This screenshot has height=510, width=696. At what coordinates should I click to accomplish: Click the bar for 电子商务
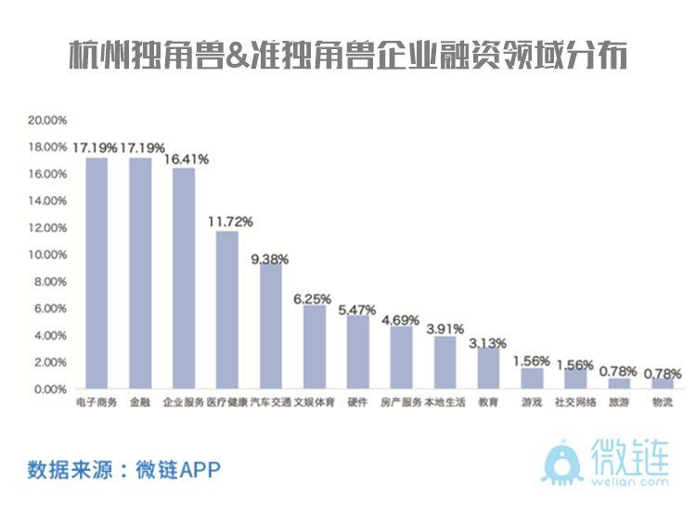[x=97, y=274]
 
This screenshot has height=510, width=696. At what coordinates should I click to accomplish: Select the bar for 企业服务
[x=184, y=278]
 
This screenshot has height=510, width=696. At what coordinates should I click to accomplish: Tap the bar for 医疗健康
[x=227, y=310]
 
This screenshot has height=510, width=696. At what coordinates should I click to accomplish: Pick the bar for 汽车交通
[x=271, y=325]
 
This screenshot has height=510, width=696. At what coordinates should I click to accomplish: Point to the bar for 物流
[x=663, y=383]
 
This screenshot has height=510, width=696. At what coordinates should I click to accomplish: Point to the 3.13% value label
[x=488, y=342]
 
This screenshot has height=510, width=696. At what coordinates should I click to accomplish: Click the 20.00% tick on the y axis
[x=47, y=121]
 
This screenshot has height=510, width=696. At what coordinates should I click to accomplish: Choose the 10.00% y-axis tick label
[x=47, y=255]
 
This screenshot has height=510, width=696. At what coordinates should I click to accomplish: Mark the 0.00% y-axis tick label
[x=50, y=389]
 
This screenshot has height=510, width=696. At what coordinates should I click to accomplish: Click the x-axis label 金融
[x=140, y=403]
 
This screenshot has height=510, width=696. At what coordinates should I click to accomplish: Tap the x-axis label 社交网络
[x=574, y=403]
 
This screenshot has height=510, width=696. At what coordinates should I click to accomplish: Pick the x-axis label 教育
[x=488, y=403]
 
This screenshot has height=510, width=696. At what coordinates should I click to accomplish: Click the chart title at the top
[x=348, y=57]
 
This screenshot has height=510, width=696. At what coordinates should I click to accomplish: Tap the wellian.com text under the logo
[x=630, y=481]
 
